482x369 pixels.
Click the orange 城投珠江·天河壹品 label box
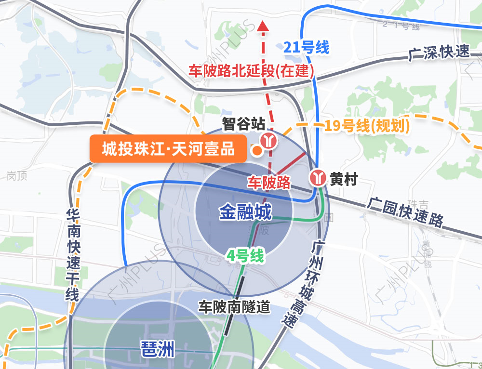click(168, 149)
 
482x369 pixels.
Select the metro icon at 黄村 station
click(318, 177)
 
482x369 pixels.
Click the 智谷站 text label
click(244, 124)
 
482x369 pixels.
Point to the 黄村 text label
click(344, 180)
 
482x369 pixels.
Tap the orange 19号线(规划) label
click(367, 126)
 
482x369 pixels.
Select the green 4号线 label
click(246, 256)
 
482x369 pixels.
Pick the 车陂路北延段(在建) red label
click(251, 72)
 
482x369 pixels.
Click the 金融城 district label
click(245, 212)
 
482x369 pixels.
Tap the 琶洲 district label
click(157, 349)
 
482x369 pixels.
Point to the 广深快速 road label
click(439, 53)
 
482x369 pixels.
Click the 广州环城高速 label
click(305, 284)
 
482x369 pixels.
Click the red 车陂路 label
click(269, 182)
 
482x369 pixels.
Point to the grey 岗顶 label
click(17, 176)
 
